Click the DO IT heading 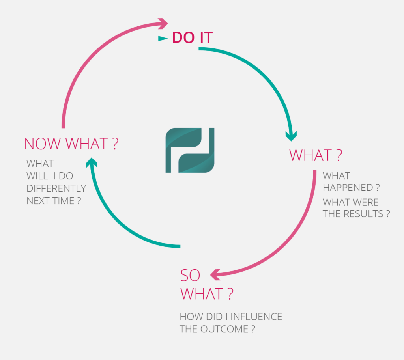pyautogui.click(x=193, y=37)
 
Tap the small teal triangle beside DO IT pyautogui.click(x=163, y=39)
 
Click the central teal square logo pyautogui.click(x=190, y=150)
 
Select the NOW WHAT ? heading pyautogui.click(x=71, y=144)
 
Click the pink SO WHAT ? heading pyautogui.click(x=207, y=285)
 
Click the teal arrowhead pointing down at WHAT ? pyautogui.click(x=291, y=136)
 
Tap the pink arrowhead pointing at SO pyautogui.click(x=215, y=275)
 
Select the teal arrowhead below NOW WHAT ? pyautogui.click(x=92, y=162)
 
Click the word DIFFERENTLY pyautogui.click(x=56, y=188)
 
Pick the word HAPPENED pyautogui.click(x=348, y=188)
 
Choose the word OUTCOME pyautogui.click(x=224, y=329)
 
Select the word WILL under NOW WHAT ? pyautogui.click(x=37, y=176)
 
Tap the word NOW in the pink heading pyautogui.click(x=43, y=144)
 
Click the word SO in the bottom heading pyautogui.click(x=190, y=276)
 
